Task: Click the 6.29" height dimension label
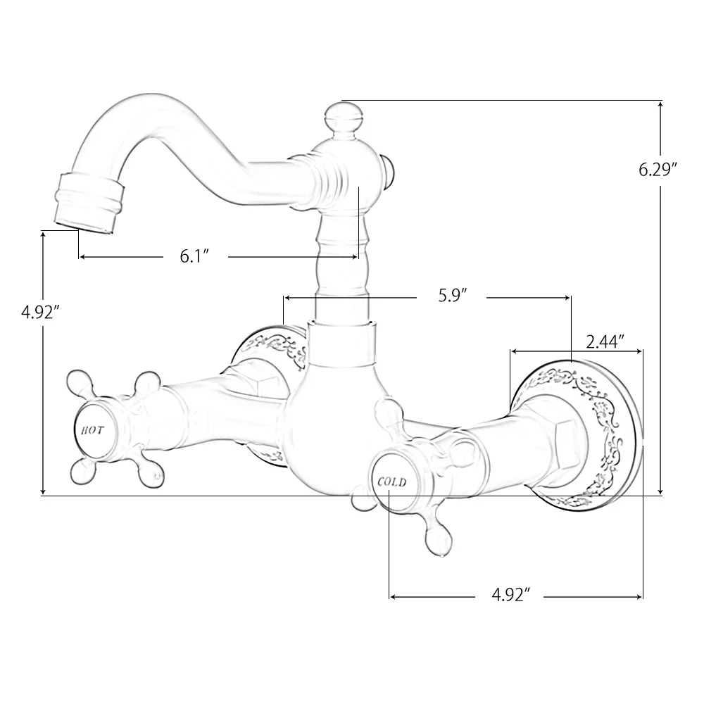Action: click(x=658, y=170)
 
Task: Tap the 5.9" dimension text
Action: click(x=453, y=296)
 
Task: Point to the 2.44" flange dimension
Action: click(x=605, y=342)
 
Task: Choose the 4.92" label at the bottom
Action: click(x=510, y=597)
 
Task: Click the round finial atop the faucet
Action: click(x=342, y=114)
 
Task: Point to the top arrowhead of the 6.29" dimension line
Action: click(x=660, y=104)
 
